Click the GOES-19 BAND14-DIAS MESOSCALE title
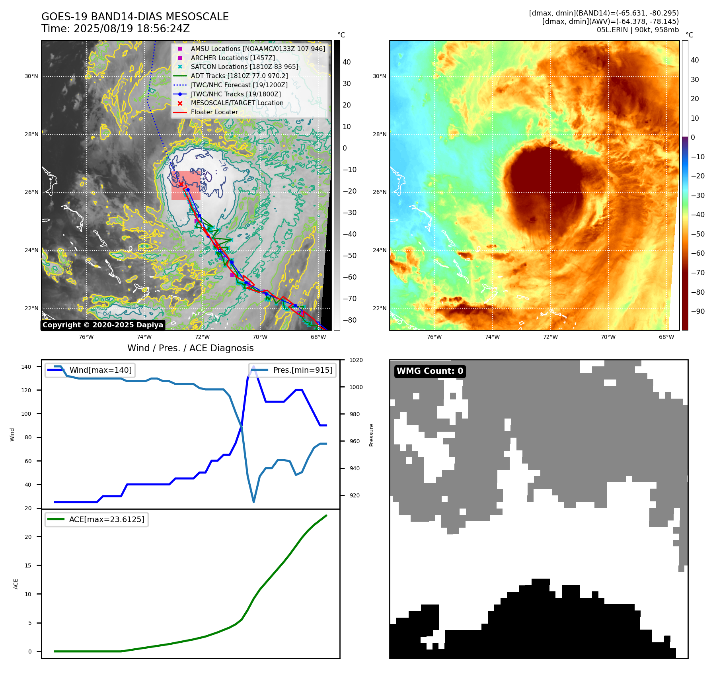(x=135, y=17)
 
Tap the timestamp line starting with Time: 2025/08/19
(x=115, y=29)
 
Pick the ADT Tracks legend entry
(x=239, y=76)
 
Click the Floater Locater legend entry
(x=214, y=112)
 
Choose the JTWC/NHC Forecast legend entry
(x=239, y=85)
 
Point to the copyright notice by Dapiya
(x=103, y=325)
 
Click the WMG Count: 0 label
(x=430, y=371)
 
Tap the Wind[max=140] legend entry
(x=100, y=370)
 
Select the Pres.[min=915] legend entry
(x=302, y=370)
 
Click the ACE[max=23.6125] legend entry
(x=106, y=519)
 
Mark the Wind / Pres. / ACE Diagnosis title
(x=190, y=348)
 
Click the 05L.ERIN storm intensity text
(x=637, y=30)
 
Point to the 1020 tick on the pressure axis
(x=356, y=360)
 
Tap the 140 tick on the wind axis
(x=26, y=367)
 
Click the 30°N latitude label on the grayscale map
(x=31, y=76)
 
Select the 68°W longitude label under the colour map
(x=666, y=337)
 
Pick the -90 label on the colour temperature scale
(x=697, y=311)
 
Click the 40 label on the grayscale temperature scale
(x=347, y=62)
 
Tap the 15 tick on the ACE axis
(x=28, y=565)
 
